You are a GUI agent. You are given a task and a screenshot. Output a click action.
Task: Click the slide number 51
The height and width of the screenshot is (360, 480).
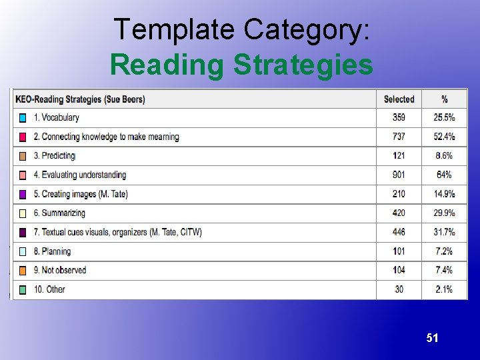point(433,338)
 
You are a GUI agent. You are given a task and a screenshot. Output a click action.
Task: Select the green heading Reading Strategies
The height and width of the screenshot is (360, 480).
point(241,65)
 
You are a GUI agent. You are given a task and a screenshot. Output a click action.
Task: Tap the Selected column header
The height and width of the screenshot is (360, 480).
point(399,99)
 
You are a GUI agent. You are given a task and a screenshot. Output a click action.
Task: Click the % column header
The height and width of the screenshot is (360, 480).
point(444,99)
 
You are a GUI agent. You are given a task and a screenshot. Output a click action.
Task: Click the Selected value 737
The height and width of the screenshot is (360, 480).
point(399,137)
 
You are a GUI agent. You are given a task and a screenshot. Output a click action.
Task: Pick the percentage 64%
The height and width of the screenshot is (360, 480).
point(444,175)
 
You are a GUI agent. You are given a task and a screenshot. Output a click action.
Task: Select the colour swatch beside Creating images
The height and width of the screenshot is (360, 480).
point(23,194)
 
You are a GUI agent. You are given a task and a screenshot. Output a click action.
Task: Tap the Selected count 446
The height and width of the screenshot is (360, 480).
point(399,232)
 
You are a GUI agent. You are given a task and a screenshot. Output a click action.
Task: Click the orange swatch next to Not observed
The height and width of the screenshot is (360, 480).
point(23,271)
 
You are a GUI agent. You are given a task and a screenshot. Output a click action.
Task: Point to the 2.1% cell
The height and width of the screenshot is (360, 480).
point(444,289)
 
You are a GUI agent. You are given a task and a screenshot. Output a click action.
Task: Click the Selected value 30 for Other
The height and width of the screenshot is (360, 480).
point(399,289)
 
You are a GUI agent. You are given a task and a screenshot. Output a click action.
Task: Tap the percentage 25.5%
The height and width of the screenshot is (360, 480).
point(444,117)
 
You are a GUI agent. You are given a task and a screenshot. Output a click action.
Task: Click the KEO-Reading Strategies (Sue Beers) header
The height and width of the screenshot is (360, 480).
point(80,99)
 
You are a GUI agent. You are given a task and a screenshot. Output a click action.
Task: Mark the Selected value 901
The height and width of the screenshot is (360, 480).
point(399,175)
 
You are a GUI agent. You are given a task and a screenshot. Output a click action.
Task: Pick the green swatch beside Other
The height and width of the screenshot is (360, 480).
point(23,290)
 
